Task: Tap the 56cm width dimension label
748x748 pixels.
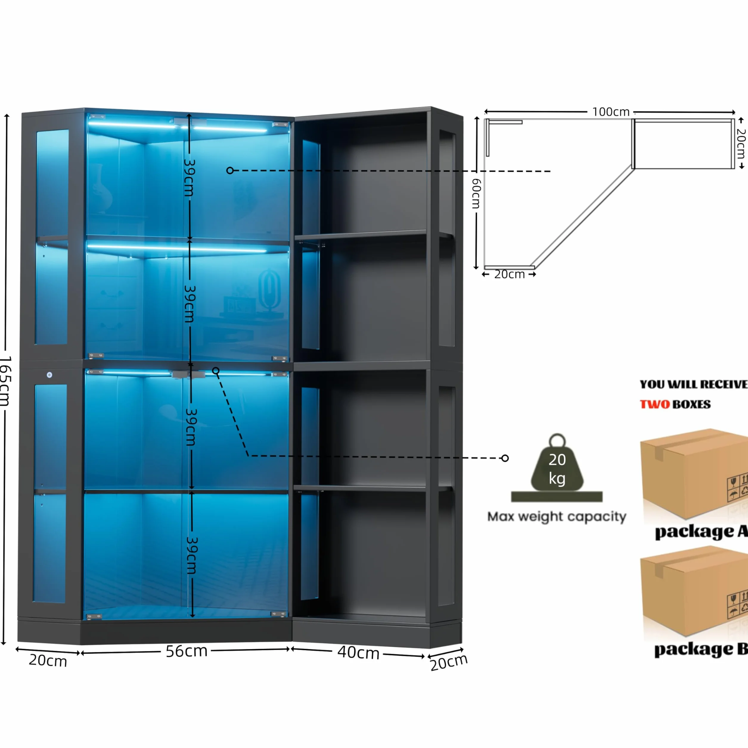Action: pos(187,651)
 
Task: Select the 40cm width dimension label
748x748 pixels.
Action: pos(358,652)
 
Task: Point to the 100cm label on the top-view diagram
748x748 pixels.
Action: pos(611,112)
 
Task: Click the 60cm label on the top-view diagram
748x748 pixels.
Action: pos(477,194)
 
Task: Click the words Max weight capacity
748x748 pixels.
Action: pos(557,517)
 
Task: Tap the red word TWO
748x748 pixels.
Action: pos(655,404)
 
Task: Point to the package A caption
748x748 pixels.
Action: pos(701,532)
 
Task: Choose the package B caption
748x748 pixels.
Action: pos(701,650)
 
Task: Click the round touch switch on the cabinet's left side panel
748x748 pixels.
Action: pos(49,375)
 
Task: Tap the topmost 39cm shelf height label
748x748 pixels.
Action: pos(189,178)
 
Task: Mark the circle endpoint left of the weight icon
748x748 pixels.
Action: pos(505,458)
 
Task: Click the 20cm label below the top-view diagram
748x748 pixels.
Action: pos(509,274)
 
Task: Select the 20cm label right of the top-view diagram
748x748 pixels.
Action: pos(741,144)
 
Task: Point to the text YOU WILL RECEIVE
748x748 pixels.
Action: pos(693,384)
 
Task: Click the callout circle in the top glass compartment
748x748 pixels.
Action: pos(230,170)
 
